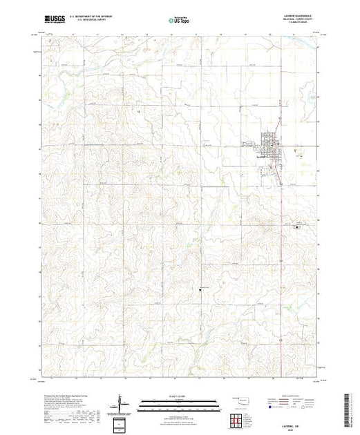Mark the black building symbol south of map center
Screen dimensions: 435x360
click(x=200, y=289)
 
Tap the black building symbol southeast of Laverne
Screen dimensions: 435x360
click(x=297, y=226)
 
